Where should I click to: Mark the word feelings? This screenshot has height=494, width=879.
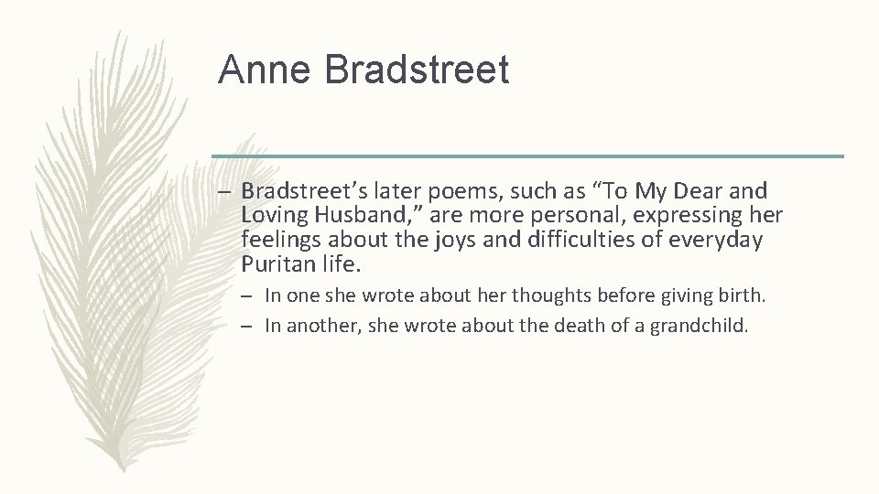tap(278, 241)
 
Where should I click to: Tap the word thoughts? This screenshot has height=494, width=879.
tap(546, 295)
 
